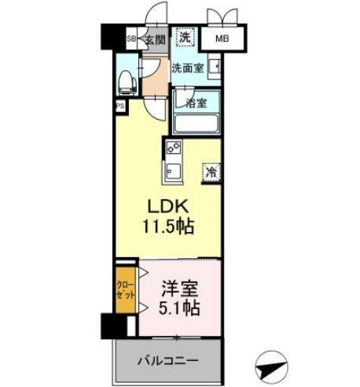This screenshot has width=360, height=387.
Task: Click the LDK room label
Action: coord(167,207)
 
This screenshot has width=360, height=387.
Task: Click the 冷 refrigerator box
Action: coord(211,171)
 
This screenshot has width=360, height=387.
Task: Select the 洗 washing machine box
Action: coord(184,36)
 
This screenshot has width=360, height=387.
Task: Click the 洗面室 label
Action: coord(188,68)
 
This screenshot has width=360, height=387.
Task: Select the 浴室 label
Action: coord(196,102)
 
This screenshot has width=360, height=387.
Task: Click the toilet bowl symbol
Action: coord(126,80)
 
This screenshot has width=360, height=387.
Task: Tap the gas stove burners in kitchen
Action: coord(173,148)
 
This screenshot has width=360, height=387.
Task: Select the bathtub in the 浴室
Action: coord(195,123)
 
